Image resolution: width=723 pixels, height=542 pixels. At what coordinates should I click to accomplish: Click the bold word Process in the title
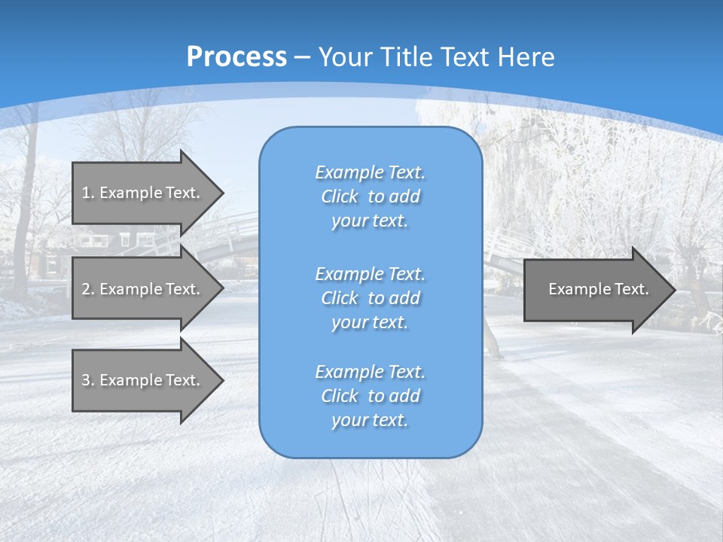236,57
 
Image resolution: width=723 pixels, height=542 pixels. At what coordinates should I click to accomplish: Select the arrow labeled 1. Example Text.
143,193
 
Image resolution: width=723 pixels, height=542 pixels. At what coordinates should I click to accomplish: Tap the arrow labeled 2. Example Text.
143,289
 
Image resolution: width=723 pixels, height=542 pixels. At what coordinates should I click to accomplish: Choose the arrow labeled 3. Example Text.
143,380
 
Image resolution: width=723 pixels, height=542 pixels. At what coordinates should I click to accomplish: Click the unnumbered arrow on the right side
595,289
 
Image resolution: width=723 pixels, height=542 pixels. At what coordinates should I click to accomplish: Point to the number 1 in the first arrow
86,193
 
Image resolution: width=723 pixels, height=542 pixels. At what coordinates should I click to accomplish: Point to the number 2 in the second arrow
86,289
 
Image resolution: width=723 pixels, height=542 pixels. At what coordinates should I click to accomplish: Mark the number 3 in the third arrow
86,380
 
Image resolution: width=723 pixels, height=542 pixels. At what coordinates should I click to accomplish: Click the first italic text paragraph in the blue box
370,196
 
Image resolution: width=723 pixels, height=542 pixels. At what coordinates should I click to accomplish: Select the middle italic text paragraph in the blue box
370,298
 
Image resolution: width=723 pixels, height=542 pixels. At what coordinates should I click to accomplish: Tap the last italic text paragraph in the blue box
370,396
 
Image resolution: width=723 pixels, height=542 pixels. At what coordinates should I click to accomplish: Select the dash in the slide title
303,57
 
